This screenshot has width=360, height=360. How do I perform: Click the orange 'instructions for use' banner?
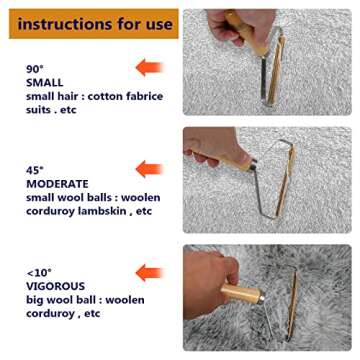click(x=87, y=22)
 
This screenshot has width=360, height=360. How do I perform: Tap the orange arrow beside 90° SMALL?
click(x=148, y=69)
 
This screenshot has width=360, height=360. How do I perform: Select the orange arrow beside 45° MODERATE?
click(x=148, y=168)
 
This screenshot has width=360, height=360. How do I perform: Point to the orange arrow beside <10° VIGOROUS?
click(x=148, y=271)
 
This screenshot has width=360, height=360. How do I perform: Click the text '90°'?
click(x=35, y=69)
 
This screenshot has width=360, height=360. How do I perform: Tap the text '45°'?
click(x=35, y=170)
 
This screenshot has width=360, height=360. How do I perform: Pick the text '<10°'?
click(x=39, y=271)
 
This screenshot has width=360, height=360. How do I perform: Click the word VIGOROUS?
click(x=57, y=286)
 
